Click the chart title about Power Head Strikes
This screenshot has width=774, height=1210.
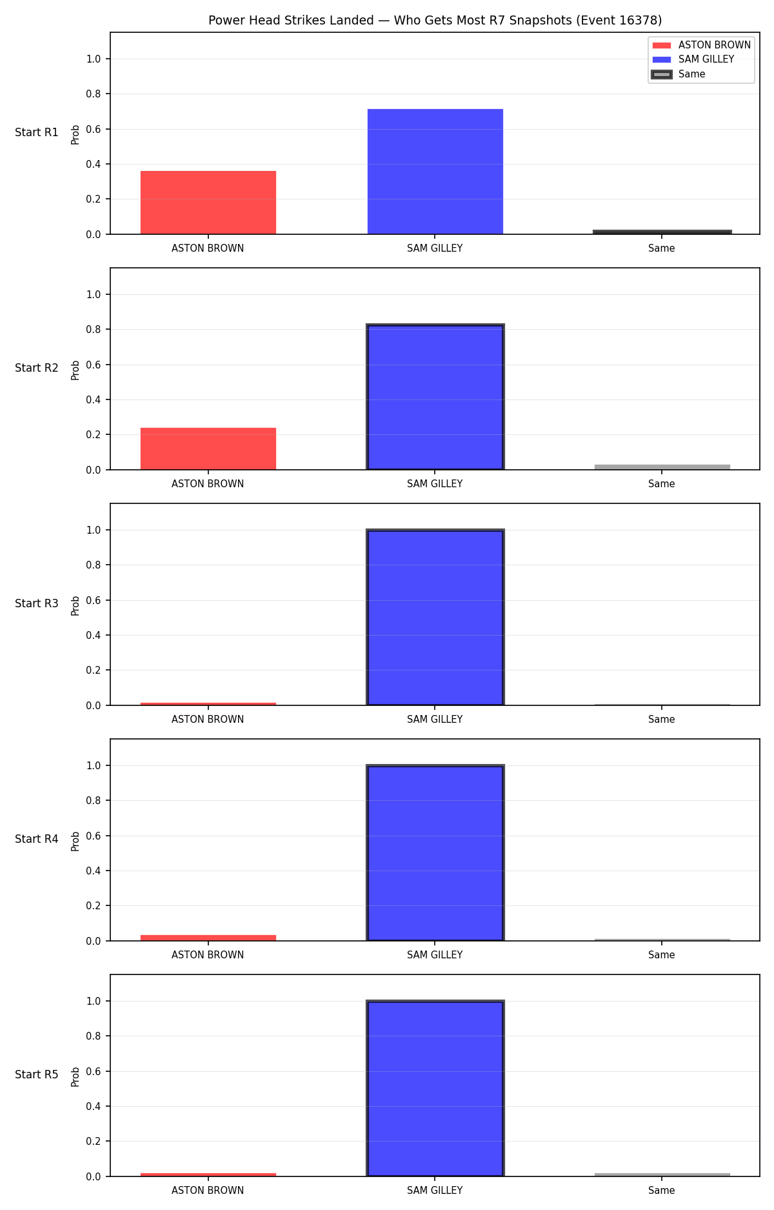coord(435,20)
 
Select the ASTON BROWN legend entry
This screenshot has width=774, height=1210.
coord(701,45)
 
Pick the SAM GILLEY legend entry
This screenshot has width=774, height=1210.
coord(693,59)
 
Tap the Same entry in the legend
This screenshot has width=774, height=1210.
coord(679,74)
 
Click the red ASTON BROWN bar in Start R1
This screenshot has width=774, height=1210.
coord(208,203)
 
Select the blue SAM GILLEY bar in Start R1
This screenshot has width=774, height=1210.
coord(435,172)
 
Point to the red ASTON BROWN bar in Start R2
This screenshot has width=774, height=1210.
coord(208,449)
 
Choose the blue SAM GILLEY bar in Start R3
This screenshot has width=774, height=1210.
coord(435,618)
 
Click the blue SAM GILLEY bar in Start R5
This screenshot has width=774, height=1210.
coord(435,1089)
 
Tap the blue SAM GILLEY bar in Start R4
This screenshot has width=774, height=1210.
coord(435,853)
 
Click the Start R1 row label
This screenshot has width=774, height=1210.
coord(37,132)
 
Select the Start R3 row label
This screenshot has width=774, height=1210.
coord(37,603)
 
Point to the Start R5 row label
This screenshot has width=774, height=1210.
coord(37,1074)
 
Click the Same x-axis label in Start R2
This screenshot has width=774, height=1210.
coord(662,484)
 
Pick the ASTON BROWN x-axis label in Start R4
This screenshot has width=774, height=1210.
coord(208,955)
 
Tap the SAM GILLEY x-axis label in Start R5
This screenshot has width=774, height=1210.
coord(435,1191)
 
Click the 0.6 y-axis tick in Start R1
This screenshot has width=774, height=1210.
coord(94,129)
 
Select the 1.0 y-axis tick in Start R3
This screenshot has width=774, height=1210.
coord(94,530)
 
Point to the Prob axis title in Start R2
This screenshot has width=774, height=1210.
coord(75,370)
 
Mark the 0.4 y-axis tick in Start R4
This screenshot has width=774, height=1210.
coord(94,871)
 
